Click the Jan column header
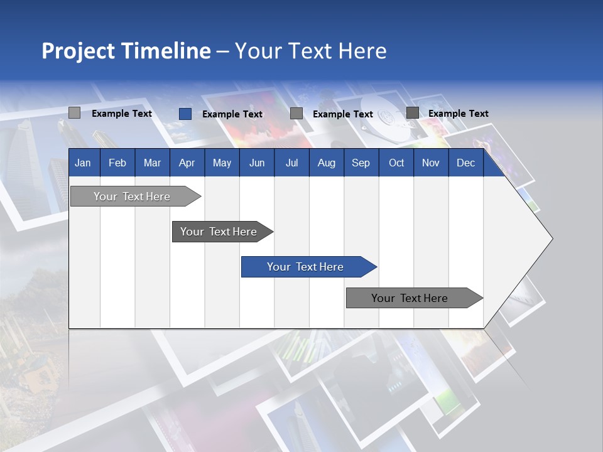[83, 163]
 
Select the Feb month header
[117, 163]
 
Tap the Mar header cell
[152, 163]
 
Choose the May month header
[222, 163]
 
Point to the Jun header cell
[257, 163]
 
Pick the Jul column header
[291, 163]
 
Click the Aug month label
[327, 163]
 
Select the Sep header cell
[361, 163]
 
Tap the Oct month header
[396, 163]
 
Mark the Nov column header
[431, 163]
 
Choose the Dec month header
[465, 163]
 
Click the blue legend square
[185, 114]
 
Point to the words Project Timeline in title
[126, 51]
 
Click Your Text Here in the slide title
[310, 51]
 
